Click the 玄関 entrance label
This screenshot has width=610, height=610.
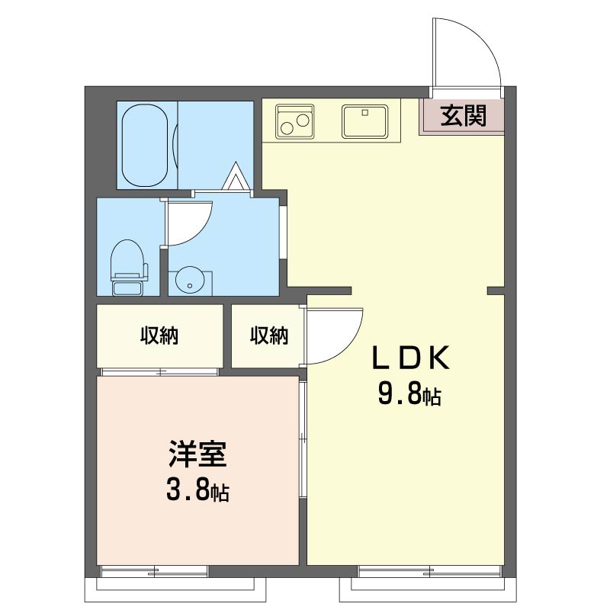pyautogui.click(x=464, y=116)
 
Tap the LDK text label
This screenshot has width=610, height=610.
pyautogui.click(x=411, y=358)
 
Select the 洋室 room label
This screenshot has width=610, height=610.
pyautogui.click(x=197, y=454)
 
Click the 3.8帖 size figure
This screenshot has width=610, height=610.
pyautogui.click(x=197, y=490)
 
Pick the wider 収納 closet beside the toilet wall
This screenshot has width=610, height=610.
pyautogui.click(x=159, y=335)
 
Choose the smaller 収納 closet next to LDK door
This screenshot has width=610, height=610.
pyautogui.click(x=267, y=335)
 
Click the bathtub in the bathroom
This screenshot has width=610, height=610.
pyautogui.click(x=145, y=145)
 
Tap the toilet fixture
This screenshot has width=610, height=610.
pyautogui.click(x=129, y=268)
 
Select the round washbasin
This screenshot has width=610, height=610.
pyautogui.click(x=190, y=280)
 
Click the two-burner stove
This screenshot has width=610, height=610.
pyautogui.click(x=294, y=121)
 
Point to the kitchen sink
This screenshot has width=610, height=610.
pyautogui.click(x=365, y=121)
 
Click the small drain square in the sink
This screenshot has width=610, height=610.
pyautogui.click(x=365, y=113)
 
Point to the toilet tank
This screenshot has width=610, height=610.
pyautogui.click(x=128, y=288)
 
